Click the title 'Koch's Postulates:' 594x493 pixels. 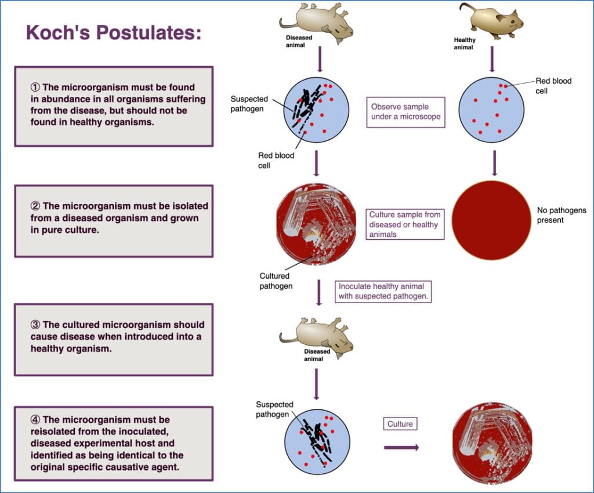coord(114,33)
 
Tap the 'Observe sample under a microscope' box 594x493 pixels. coord(406,112)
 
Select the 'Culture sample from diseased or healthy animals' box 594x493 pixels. coord(405,225)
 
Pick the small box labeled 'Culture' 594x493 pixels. coord(400,424)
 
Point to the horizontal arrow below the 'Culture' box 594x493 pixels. coord(401,447)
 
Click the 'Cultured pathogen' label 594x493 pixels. coord(276,281)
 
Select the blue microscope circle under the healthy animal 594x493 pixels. coord(491,109)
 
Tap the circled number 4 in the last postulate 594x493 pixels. coord(35,419)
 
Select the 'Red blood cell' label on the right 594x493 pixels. coord(553,86)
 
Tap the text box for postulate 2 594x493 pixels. coord(114,221)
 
